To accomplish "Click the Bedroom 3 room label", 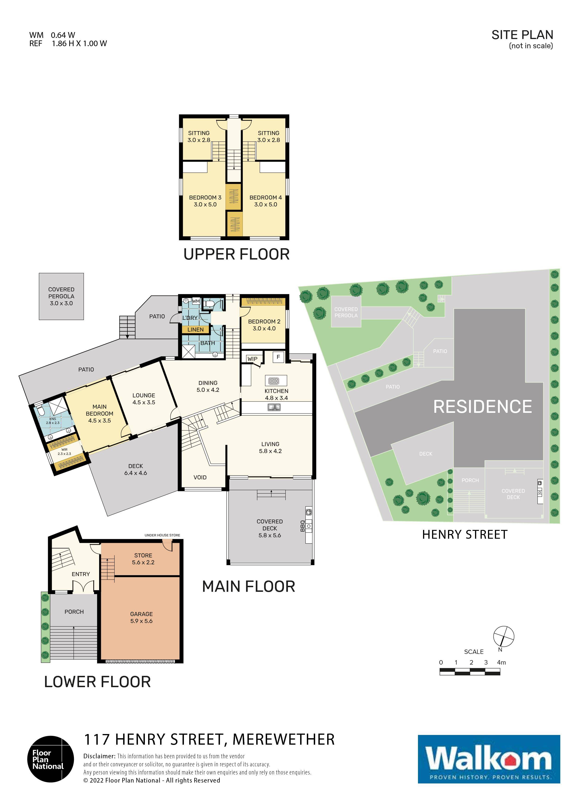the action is point(205,198).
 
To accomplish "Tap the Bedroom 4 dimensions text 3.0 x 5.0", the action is point(265,205).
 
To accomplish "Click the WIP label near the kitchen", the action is point(253,359).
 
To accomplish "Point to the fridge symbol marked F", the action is point(278,357).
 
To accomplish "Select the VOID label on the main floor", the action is point(200,477).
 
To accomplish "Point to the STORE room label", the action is point(143,555).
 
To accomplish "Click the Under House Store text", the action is point(162,535).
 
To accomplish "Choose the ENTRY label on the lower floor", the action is point(81,574).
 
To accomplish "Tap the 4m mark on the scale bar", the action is point(501,662).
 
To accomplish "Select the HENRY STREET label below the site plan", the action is point(465,535).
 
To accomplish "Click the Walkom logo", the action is point(489,759).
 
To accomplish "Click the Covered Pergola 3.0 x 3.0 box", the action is point(61,296).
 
